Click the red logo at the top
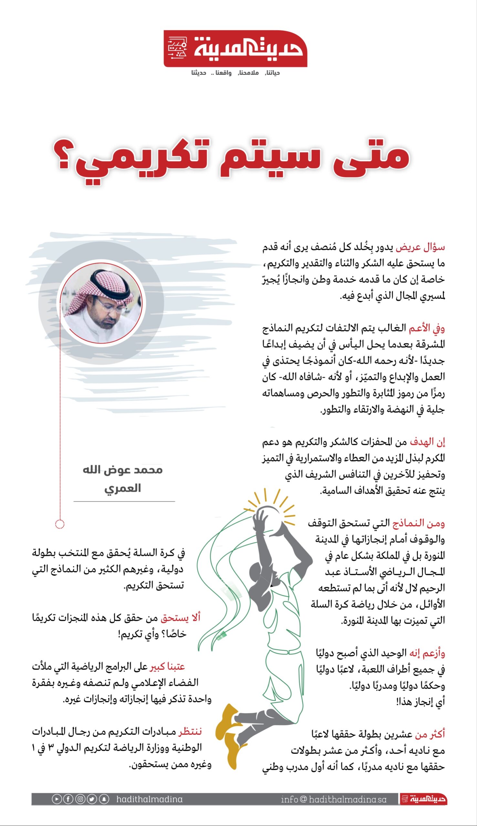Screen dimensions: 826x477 (235, 49)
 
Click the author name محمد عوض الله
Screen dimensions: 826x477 (122, 470)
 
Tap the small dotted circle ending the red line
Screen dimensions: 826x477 (60, 524)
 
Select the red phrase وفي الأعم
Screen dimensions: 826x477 (426, 328)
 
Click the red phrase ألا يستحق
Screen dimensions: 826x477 (180, 618)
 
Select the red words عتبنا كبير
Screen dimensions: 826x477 (167, 667)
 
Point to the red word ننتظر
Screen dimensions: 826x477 (190, 731)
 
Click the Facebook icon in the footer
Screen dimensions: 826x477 (68, 799)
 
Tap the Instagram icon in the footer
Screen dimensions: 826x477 (80, 799)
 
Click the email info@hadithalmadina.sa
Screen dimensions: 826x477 (334, 800)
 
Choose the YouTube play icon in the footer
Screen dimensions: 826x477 (57, 799)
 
